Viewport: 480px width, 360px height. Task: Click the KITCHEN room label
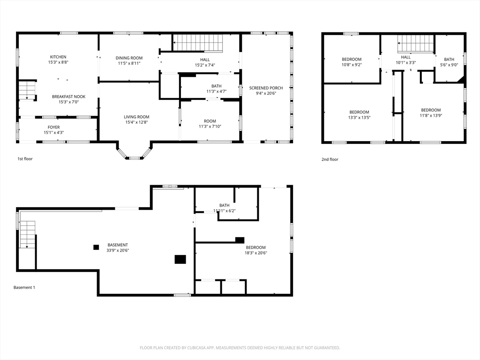[x=58, y=57]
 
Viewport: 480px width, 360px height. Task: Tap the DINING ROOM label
[x=129, y=58]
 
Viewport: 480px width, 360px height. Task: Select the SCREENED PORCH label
[x=266, y=88]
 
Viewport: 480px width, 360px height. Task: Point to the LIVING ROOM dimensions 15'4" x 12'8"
[x=136, y=122]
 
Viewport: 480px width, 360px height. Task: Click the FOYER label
[x=53, y=127]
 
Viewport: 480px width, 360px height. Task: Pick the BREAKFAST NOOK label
[x=68, y=97]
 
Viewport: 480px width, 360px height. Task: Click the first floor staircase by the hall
[x=198, y=43]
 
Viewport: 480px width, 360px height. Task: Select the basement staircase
[x=28, y=234]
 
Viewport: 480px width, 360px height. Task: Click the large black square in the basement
[x=180, y=259]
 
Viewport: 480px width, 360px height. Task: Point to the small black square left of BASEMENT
[x=96, y=247]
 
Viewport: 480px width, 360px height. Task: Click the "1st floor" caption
[x=25, y=159]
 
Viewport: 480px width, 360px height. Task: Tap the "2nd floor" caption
[x=330, y=159]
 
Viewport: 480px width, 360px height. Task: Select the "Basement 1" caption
[x=24, y=287]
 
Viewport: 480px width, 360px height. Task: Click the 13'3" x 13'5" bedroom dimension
[x=360, y=118]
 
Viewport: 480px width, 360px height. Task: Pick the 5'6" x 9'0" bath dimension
[x=449, y=65]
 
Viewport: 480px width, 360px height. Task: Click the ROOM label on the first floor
[x=210, y=121]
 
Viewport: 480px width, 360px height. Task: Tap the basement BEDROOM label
[x=255, y=247]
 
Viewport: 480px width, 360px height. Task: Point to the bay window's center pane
[x=135, y=158]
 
